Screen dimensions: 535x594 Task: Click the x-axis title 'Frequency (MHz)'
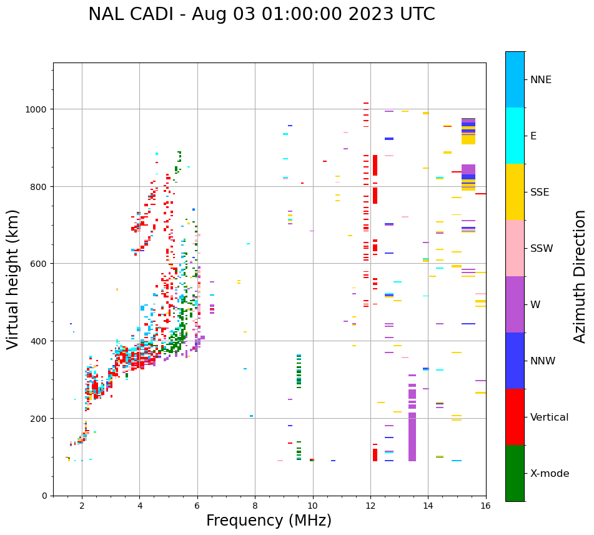click(x=269, y=521)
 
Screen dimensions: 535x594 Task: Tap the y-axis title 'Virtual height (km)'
click(x=13, y=279)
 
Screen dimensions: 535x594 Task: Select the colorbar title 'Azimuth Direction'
click(x=580, y=276)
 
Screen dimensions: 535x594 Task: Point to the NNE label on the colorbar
click(x=541, y=79)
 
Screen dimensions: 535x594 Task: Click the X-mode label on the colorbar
click(x=550, y=474)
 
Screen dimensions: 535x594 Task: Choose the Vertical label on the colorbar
click(x=549, y=417)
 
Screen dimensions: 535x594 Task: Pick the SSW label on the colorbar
click(x=542, y=249)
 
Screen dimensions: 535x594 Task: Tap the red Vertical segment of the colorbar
click(x=515, y=417)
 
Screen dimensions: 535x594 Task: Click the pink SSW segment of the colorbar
click(x=515, y=248)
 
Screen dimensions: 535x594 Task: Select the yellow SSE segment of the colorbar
click(x=515, y=192)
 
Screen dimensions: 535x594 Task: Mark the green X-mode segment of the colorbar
click(x=515, y=473)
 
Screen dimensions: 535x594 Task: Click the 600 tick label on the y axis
click(x=40, y=264)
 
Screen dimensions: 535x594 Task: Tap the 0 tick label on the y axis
click(x=45, y=496)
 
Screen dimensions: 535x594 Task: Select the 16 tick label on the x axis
click(x=485, y=507)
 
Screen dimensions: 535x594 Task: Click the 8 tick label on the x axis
click(x=255, y=507)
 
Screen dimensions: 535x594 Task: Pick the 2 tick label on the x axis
click(x=82, y=507)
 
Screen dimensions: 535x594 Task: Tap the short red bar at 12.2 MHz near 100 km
click(x=375, y=454)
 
